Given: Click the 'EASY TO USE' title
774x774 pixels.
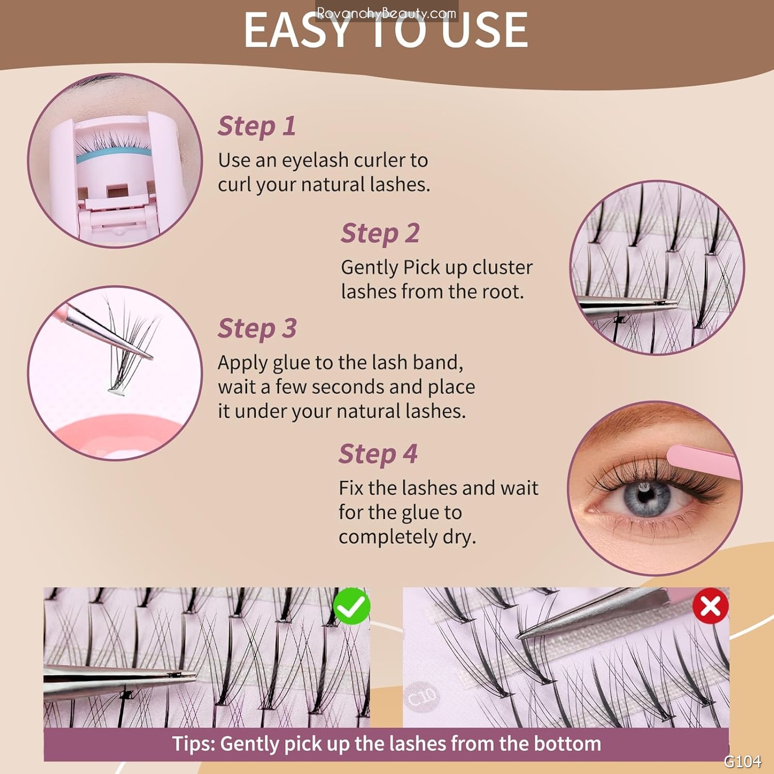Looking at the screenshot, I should click(x=386, y=31).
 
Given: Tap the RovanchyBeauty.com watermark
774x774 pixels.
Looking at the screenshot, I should click(x=386, y=12).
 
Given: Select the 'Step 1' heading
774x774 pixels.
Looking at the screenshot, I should click(x=257, y=126).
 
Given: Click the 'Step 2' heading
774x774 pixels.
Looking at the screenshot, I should click(x=380, y=233).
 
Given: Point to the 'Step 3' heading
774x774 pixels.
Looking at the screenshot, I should click(x=257, y=329).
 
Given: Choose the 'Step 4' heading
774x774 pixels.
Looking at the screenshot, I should click(x=378, y=454).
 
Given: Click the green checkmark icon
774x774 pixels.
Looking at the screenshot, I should click(x=352, y=607).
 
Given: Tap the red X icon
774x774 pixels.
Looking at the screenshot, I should click(x=711, y=606).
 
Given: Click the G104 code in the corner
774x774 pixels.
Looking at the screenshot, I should click(x=742, y=761).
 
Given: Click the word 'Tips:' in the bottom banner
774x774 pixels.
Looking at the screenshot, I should click(x=194, y=744).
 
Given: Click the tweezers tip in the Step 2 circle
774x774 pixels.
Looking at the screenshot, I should click(x=672, y=304).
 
